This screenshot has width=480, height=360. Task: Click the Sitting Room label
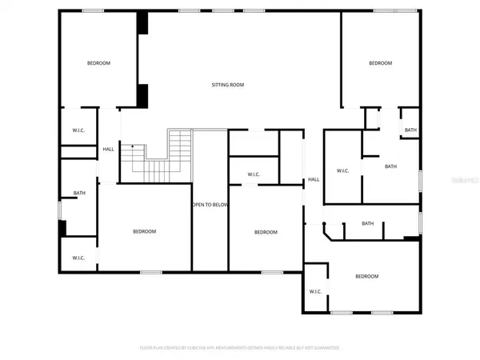pos(227,84)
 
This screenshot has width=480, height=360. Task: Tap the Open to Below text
pos(210,205)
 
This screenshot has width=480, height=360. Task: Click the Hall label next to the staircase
pos(107,149)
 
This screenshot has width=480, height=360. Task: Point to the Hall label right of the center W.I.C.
pos(314,179)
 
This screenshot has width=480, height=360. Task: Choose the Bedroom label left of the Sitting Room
pos(98,63)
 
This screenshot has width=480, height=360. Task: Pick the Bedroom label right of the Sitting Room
pos(380,63)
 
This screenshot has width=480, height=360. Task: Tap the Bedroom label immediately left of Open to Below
pos(144,231)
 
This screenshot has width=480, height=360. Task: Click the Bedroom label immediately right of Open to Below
pos(266,232)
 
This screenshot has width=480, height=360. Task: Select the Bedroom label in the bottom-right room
pos(366,276)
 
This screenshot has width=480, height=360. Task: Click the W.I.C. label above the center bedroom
pos(253,174)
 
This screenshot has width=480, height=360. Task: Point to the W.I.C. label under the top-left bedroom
pos(78,132)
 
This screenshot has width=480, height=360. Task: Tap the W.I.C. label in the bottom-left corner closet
pos(78,258)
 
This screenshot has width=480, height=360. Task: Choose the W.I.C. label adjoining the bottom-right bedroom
pos(315,291)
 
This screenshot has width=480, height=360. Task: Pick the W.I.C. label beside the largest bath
pos(342,170)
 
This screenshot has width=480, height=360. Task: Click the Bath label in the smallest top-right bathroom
pos(410,130)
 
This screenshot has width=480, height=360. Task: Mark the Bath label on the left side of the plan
pos(79,193)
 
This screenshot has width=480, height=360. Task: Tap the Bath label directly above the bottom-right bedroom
pos(368,223)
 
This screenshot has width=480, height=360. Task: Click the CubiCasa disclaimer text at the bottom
pos(240,348)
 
